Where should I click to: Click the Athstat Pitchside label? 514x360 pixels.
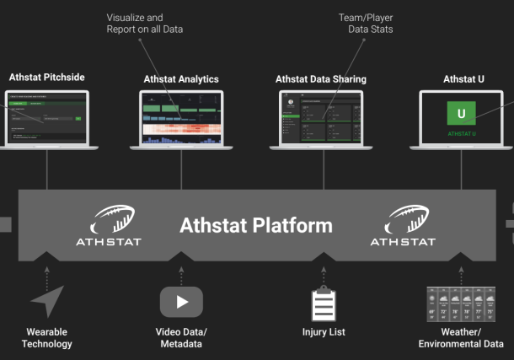click(46, 78)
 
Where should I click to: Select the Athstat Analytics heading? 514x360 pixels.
click(181, 79)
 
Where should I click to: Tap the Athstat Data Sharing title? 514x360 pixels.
click(321, 79)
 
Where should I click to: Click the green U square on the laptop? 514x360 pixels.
click(461, 113)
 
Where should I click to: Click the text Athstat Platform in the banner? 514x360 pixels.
click(256, 226)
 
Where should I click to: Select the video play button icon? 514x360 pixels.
click(181, 302)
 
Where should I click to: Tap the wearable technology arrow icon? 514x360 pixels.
click(46, 302)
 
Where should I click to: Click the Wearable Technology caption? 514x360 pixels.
click(46, 337)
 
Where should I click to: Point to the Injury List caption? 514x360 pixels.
click(324, 332)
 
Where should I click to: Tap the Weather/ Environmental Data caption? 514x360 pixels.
click(461, 337)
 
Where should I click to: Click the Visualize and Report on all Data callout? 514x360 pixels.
click(145, 24)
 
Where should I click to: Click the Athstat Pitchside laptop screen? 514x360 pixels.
click(46, 119)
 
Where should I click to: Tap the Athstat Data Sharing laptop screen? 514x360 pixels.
click(321, 119)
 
